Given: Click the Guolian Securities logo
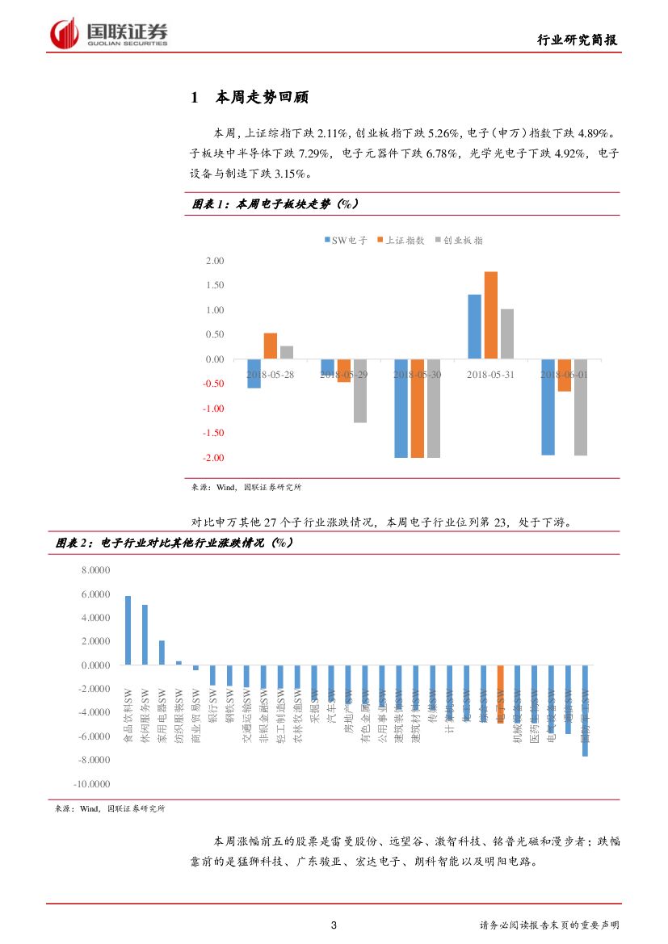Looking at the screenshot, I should click(x=109, y=33).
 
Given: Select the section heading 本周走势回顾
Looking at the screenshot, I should click(x=262, y=98).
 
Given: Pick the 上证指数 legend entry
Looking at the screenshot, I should click(x=400, y=240).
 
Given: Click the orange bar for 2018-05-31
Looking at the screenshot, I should click(x=491, y=315).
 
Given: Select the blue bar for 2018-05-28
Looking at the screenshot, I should click(x=254, y=373).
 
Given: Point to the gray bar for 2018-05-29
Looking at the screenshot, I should click(x=360, y=391).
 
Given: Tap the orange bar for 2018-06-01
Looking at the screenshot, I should click(x=565, y=376).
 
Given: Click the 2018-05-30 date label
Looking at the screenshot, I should click(x=418, y=375).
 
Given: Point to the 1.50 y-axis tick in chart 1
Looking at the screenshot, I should click(x=214, y=285).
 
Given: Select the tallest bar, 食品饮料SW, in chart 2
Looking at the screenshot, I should click(x=128, y=630).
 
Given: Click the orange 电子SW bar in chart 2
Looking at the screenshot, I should click(x=501, y=694).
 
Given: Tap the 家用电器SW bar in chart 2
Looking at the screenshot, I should click(x=162, y=652).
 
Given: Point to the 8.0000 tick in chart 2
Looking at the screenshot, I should click(x=95, y=570).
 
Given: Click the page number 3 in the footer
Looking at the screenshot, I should click(x=334, y=925).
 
